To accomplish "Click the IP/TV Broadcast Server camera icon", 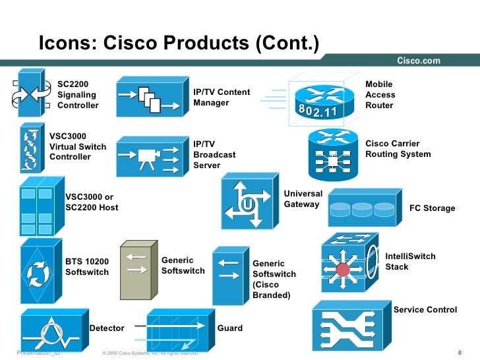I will [150, 158].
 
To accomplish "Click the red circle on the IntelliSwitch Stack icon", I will [342, 269].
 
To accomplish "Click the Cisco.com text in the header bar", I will [418, 61].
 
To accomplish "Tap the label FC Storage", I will [432, 208].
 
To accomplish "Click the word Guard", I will [230, 328].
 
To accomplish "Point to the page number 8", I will [459, 353].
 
